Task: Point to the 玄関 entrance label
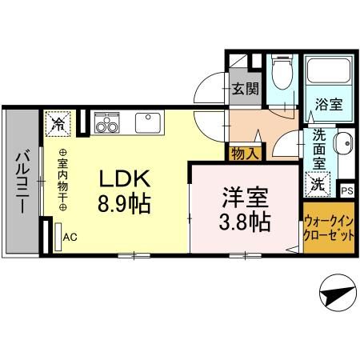click(x=245, y=89)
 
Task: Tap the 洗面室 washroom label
click(x=318, y=150)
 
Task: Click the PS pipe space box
click(x=346, y=190)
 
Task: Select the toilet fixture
click(x=281, y=76)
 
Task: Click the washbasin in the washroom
click(x=344, y=146)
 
